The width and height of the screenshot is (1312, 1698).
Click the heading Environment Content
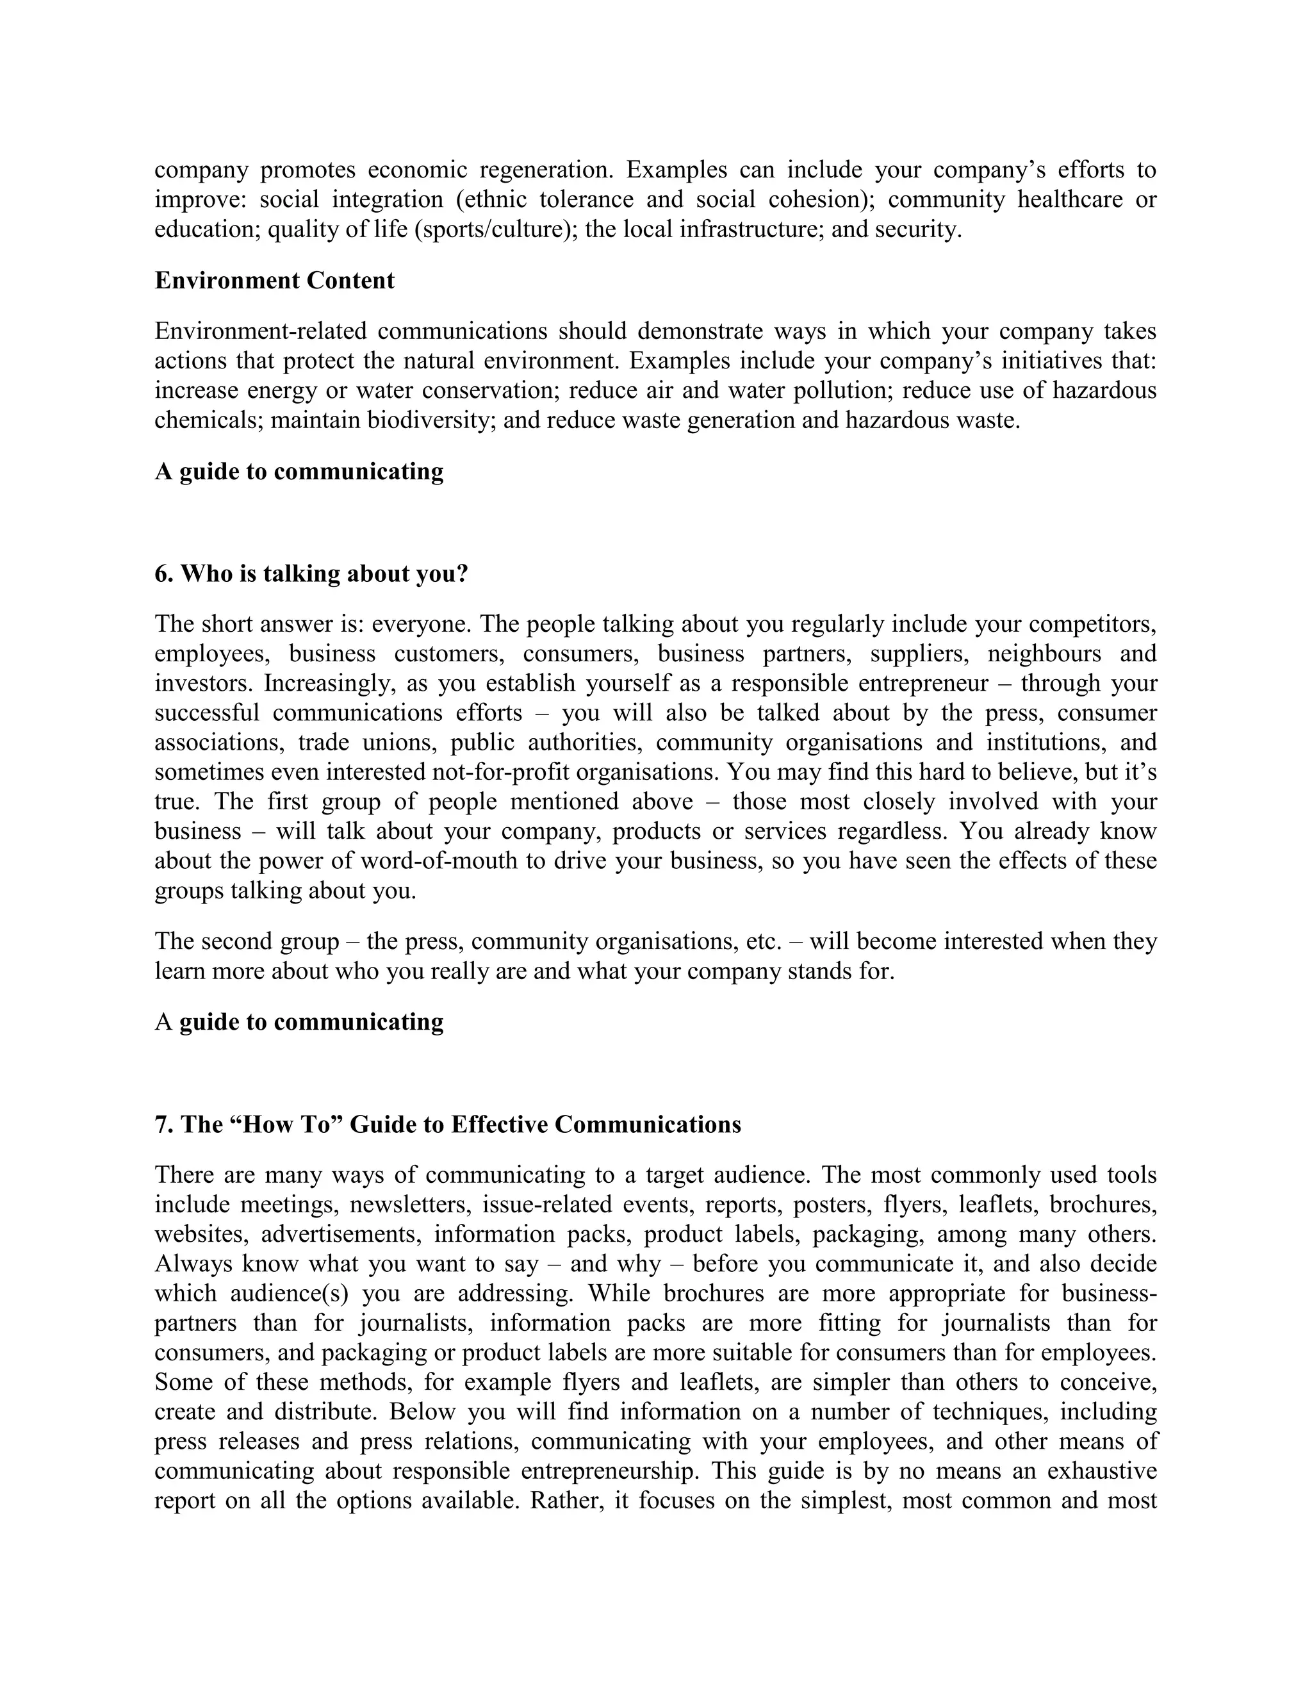[274, 281]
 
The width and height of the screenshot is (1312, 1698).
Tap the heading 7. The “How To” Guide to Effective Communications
[448, 1125]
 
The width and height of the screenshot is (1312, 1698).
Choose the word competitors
[1104, 624]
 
